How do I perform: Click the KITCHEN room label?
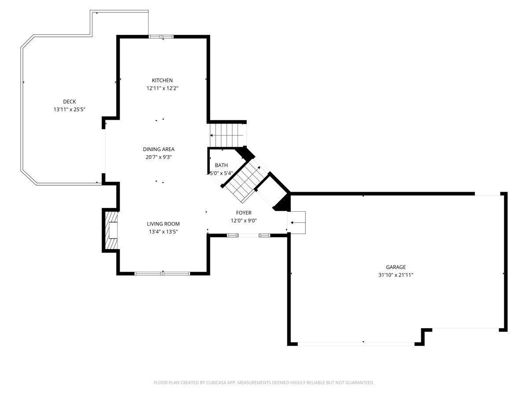click(162, 81)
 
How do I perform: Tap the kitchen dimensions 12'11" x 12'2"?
click(162, 88)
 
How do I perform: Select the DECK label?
click(70, 102)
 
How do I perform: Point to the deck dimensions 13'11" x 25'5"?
click(70, 110)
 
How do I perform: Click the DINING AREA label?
click(159, 149)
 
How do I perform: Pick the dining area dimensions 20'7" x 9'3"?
click(159, 157)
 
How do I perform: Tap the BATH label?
click(221, 165)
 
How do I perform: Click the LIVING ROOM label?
click(163, 224)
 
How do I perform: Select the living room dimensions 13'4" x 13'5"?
click(163, 232)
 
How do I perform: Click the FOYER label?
click(244, 213)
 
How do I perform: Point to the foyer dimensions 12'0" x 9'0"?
click(244, 221)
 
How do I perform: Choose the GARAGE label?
click(396, 267)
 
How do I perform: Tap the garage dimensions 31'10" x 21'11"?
click(396, 275)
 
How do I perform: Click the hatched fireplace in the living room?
click(111, 230)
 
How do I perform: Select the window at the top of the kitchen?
click(161, 37)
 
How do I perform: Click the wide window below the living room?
click(162, 273)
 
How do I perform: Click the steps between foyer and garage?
click(297, 222)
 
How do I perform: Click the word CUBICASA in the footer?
click(216, 382)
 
